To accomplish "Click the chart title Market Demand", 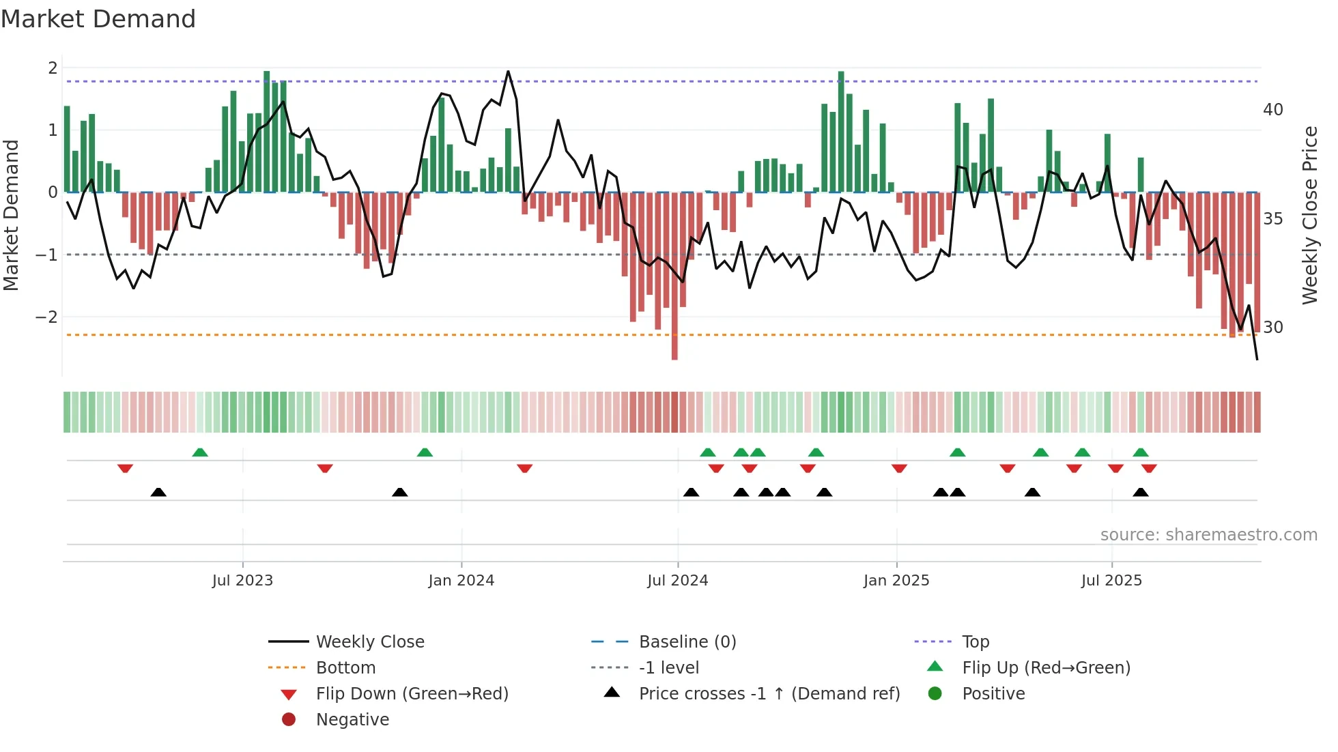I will coord(98,19).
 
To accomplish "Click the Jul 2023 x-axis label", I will coord(242,581).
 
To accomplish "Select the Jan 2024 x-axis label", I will coord(461,581).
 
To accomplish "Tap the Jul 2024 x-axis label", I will coord(677,581).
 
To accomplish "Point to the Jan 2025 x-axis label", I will coord(896,581).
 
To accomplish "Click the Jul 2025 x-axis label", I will coord(1111,581).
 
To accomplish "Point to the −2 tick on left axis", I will coord(46,317).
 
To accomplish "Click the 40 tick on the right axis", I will coord(1273,110).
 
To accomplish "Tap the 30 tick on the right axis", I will coord(1273,328).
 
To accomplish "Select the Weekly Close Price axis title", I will coord(1309,215).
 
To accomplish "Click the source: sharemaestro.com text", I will coord(1208,535).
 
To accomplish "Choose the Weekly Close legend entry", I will coord(369,642).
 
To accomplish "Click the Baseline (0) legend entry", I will coord(687,642).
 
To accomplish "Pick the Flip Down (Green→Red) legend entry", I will coord(412,694).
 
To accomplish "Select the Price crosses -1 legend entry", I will coord(769,694).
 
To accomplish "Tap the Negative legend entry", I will coord(352,720).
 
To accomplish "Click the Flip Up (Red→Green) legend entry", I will coord(1046,668).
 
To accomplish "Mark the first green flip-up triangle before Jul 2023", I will coord(200,452).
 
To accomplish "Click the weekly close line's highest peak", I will coord(508,72).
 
